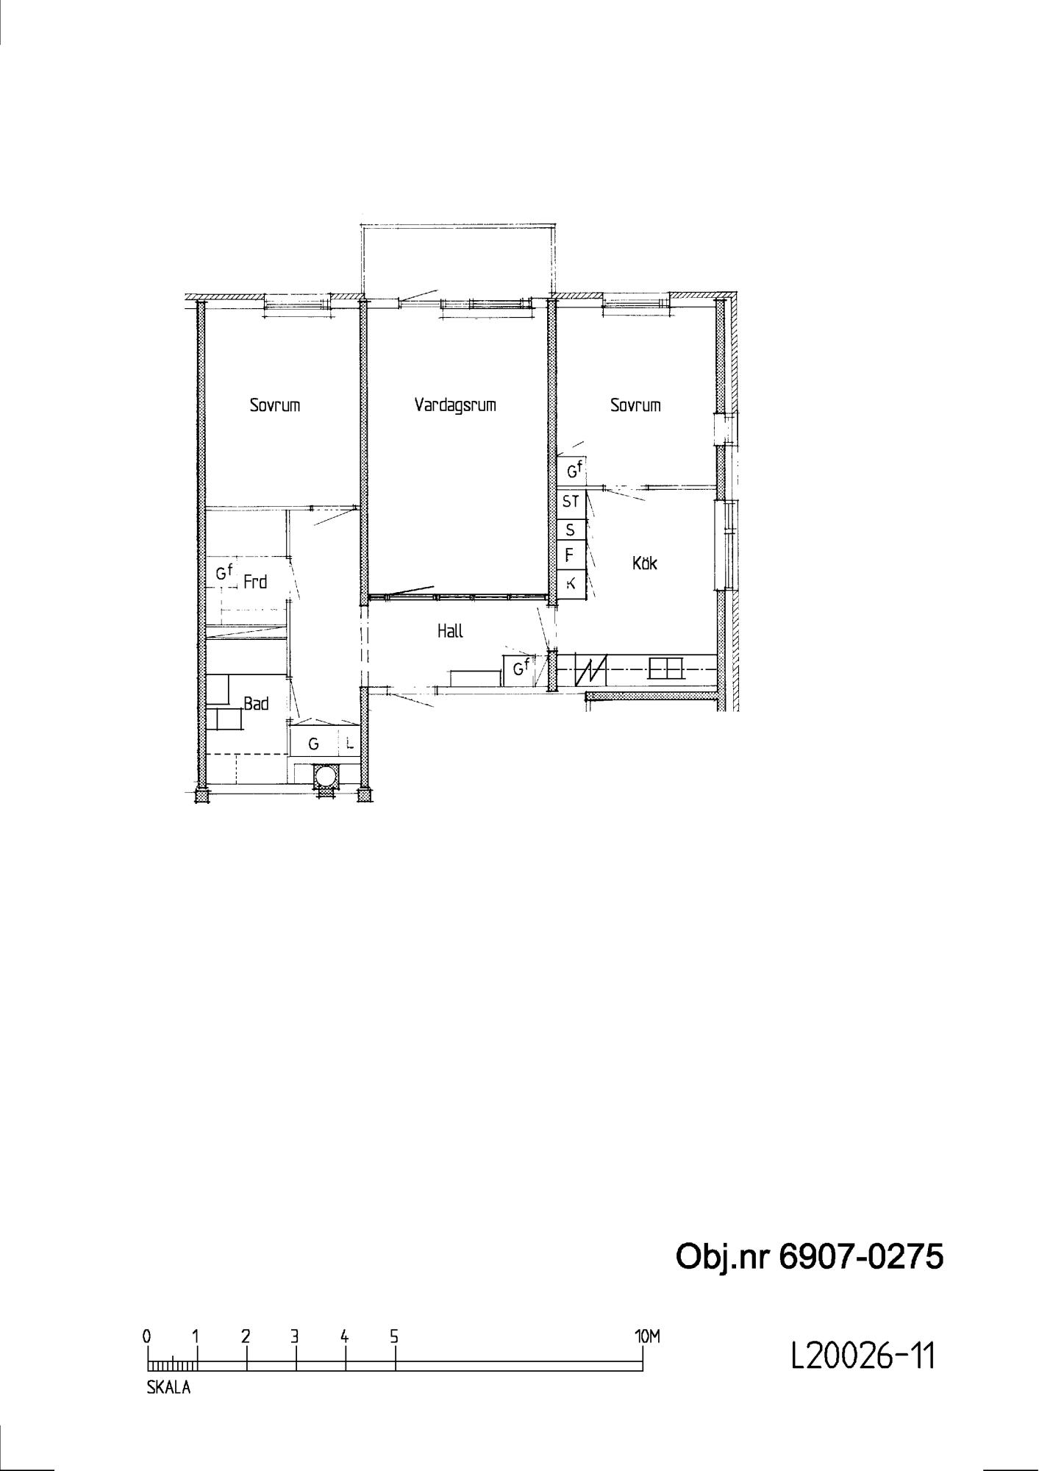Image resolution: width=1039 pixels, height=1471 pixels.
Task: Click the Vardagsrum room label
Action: coord(454,405)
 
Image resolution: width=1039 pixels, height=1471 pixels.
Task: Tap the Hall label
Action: coord(450,631)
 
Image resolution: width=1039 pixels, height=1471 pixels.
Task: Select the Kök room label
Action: coord(645,563)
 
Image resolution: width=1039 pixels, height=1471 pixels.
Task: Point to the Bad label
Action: coord(256,704)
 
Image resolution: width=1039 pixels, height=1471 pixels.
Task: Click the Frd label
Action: coord(254,583)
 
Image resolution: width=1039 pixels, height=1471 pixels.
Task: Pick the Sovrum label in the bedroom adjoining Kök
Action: coord(635,405)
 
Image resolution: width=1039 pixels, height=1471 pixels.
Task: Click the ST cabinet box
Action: coord(571,502)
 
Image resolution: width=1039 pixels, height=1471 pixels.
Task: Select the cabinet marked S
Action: coord(571,530)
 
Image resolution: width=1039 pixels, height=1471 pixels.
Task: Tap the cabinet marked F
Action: coord(571,555)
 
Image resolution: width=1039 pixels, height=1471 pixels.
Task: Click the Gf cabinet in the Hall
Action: coord(519,669)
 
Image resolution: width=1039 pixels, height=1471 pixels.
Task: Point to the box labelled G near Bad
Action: coord(314,744)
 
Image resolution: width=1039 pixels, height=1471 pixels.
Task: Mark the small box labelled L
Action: coord(350,744)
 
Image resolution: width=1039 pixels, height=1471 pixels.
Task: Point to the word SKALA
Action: coord(168,1388)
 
